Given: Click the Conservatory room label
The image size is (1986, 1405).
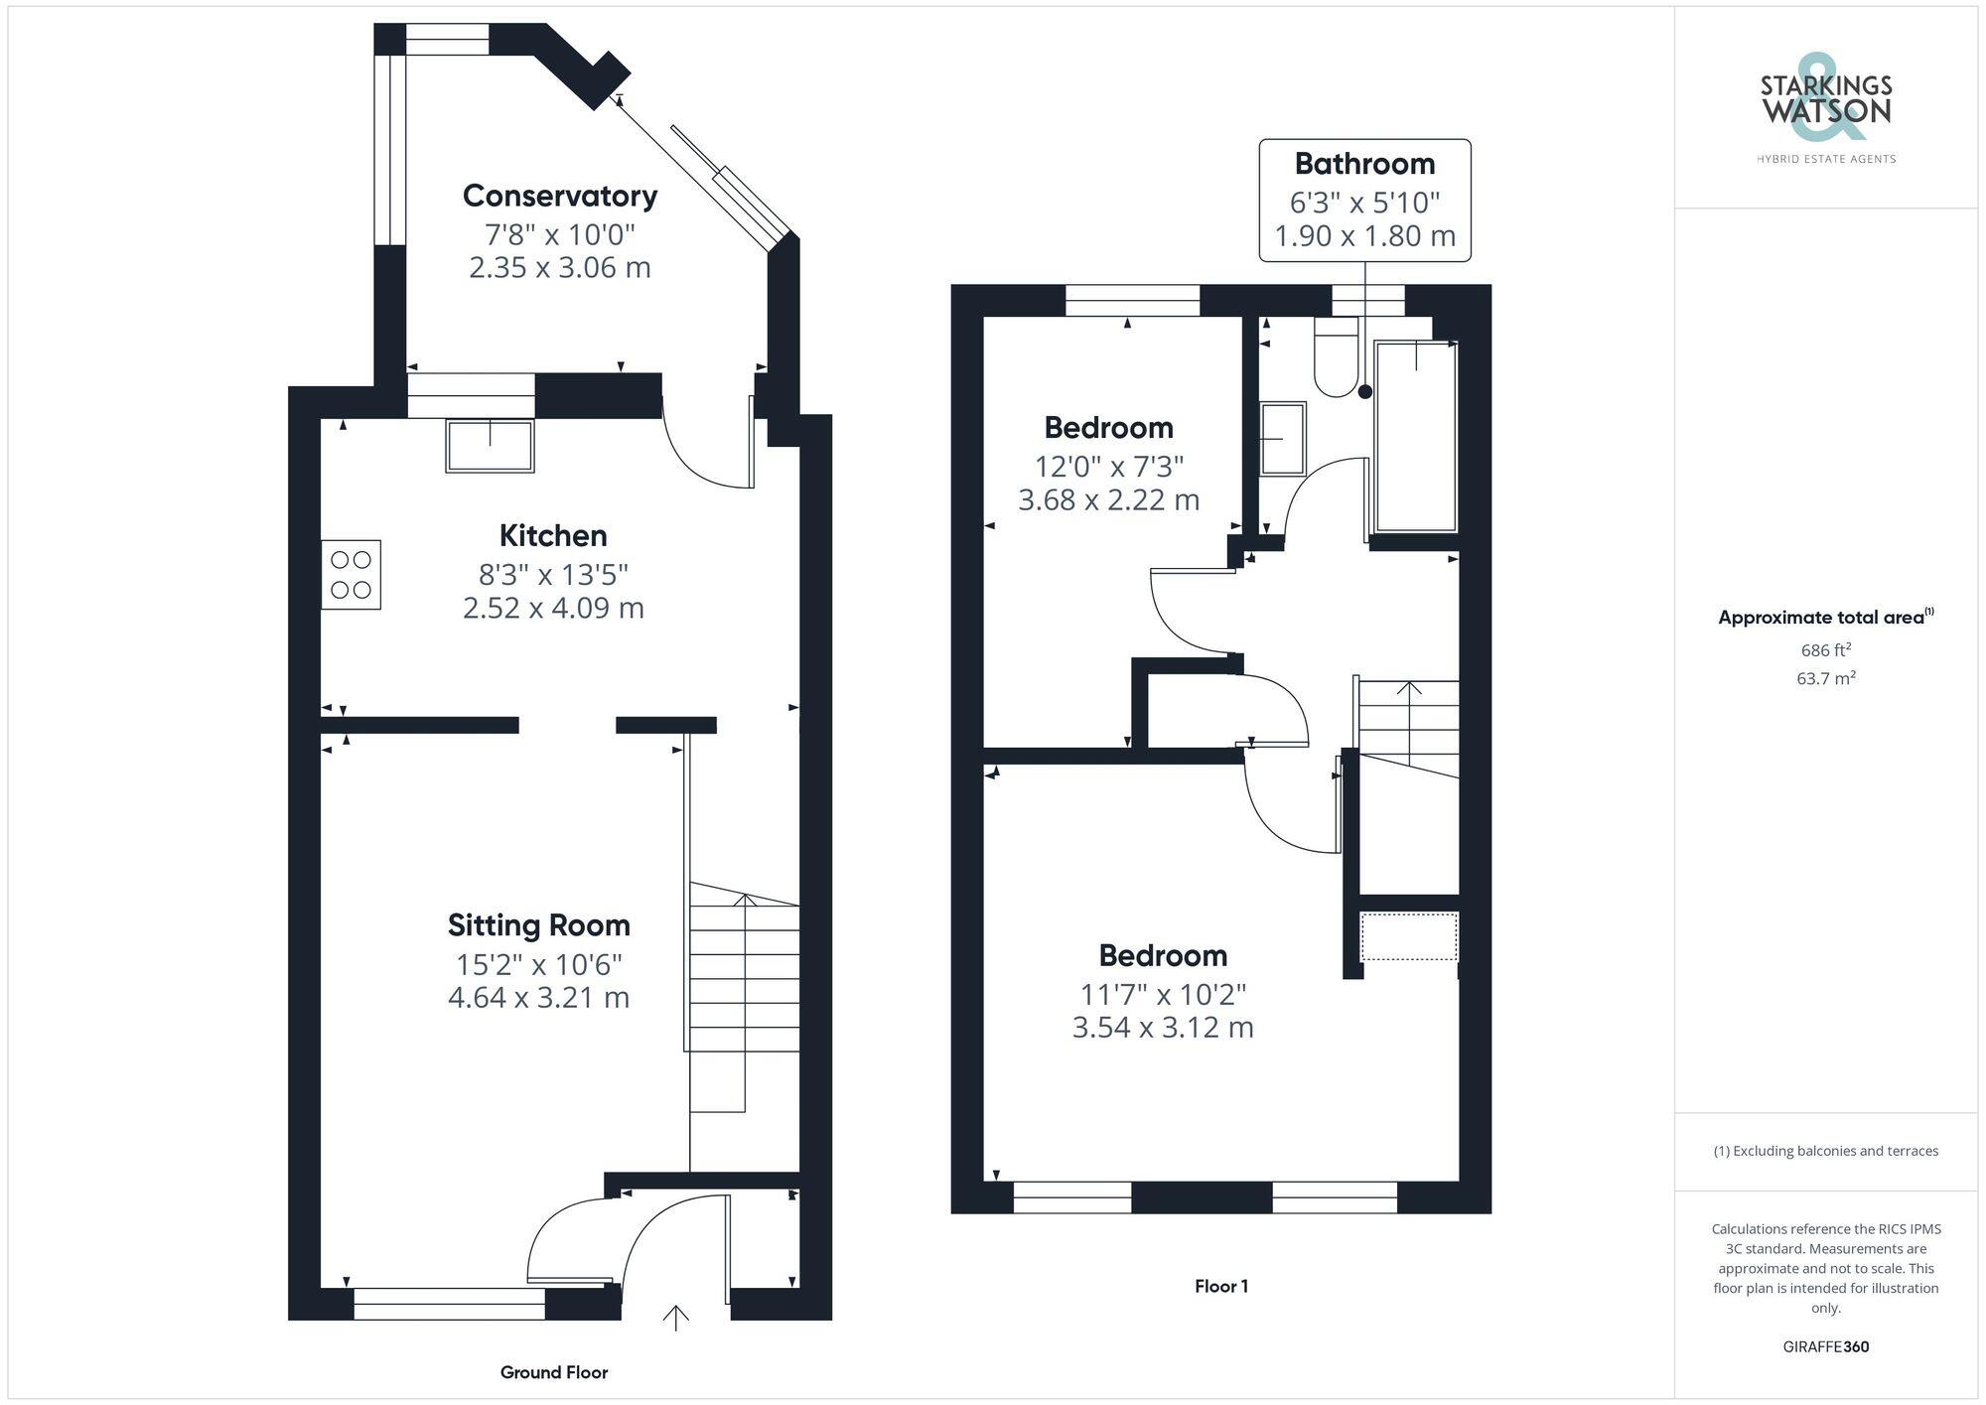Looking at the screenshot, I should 559,196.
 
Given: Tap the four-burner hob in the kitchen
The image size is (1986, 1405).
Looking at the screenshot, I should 351,574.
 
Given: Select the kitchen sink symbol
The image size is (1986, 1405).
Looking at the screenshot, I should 490,446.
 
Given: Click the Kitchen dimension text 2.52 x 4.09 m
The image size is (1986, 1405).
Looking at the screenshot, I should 553,608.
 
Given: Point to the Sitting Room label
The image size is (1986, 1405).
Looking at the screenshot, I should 538,925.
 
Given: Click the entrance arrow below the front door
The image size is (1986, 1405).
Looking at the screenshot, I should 676,1318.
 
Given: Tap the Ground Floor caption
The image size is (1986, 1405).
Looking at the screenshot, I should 553,1372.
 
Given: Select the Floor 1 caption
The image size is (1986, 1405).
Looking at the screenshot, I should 1220,1286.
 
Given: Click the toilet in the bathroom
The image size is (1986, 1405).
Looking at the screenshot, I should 1336,357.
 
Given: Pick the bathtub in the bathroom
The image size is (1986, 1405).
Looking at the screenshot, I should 1415,437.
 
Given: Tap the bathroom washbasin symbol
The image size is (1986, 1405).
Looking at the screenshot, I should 1282,438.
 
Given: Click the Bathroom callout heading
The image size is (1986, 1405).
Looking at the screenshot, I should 1364,164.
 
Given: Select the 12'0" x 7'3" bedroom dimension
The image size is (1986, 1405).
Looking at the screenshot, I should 1108,466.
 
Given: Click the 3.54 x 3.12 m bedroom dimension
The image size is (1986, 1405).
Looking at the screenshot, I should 1162,1027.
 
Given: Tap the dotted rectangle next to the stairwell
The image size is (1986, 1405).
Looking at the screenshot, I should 1408,936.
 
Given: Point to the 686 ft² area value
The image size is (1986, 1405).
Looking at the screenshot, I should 1825,650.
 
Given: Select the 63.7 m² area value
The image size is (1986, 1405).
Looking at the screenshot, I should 1825,678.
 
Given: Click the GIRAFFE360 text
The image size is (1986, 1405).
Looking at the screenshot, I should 1825,1346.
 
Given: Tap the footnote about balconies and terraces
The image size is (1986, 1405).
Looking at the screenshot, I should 1825,1151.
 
